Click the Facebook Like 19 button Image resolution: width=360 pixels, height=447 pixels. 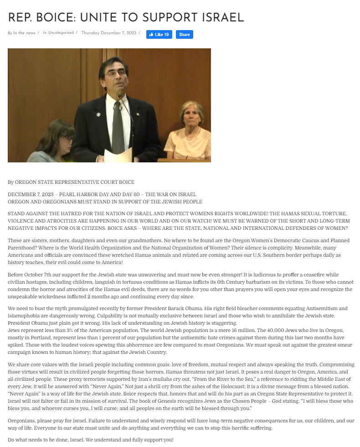click(159, 35)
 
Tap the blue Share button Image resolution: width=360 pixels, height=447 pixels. click(184, 35)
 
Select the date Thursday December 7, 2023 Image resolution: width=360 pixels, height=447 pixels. click(109, 33)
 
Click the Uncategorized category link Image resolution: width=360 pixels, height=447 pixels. click(61, 33)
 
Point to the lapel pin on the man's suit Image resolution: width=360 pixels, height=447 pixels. click(98, 114)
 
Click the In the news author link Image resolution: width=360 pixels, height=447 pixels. click(24, 33)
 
